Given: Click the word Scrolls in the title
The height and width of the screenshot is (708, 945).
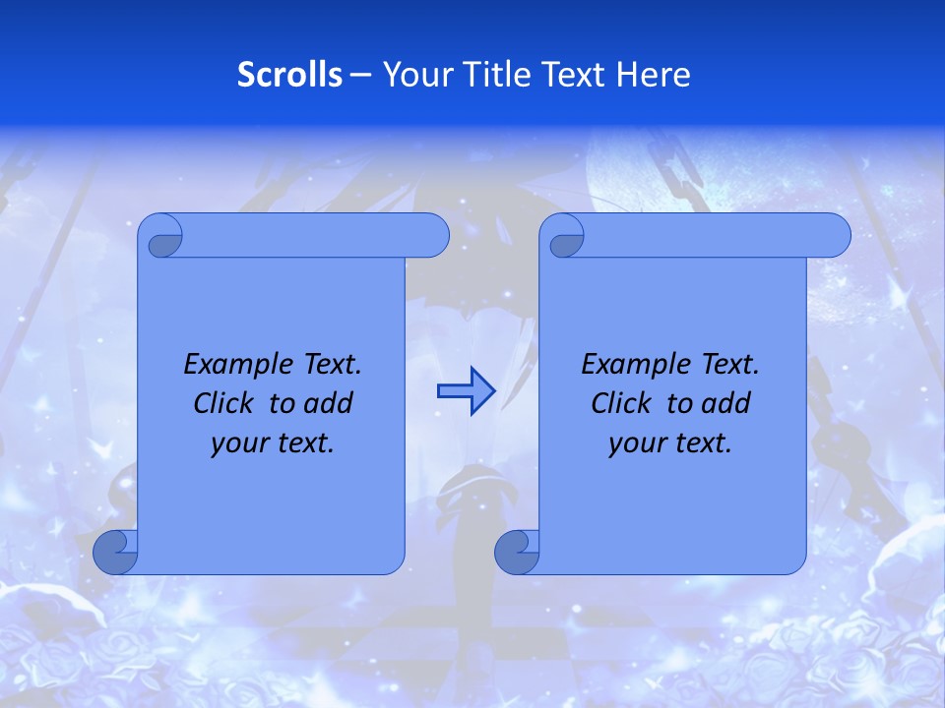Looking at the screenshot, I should (290, 75).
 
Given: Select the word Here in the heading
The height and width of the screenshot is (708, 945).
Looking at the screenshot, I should (654, 75).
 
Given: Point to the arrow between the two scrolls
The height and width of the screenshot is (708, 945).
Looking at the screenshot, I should (466, 390).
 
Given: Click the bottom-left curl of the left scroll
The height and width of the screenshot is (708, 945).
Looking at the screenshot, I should (116, 552).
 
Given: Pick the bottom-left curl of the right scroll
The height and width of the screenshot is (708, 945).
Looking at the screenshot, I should (517, 552).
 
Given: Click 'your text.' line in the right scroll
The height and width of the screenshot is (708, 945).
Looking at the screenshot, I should (670, 443).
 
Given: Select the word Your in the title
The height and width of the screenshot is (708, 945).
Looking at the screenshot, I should (413, 75).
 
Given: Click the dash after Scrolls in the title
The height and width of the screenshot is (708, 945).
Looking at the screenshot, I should (360, 75).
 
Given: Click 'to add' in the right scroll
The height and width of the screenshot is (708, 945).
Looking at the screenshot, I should (709, 404).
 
